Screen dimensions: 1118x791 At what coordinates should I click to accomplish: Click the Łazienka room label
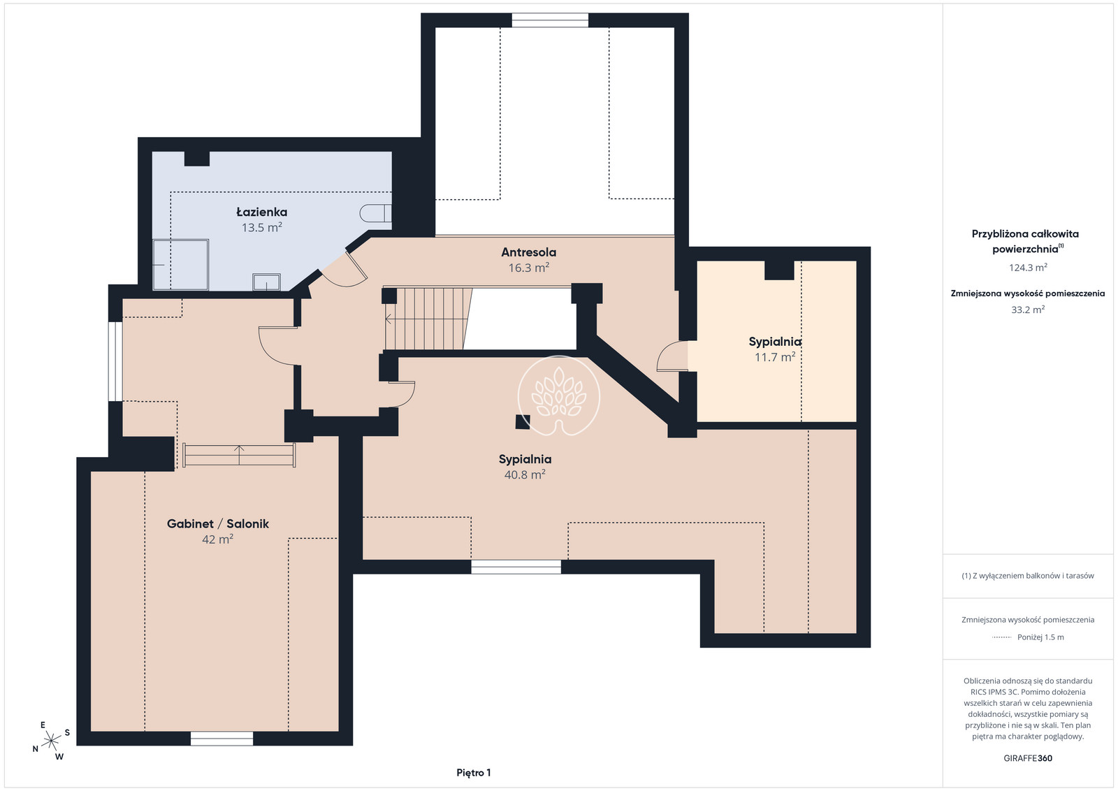pyautogui.click(x=261, y=212)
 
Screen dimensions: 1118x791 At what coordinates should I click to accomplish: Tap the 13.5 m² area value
pyautogui.click(x=261, y=227)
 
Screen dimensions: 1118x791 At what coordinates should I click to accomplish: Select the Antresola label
pyautogui.click(x=528, y=252)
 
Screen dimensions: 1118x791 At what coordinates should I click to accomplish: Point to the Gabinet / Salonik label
pyautogui.click(x=217, y=523)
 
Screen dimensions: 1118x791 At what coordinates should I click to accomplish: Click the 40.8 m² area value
pyautogui.click(x=525, y=474)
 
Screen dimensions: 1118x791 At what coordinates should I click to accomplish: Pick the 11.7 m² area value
pyautogui.click(x=775, y=357)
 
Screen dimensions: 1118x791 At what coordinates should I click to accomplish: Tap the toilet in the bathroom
pyautogui.click(x=376, y=213)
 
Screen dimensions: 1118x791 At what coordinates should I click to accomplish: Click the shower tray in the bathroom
pyautogui.click(x=181, y=265)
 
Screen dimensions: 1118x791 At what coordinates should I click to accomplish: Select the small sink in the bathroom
pyautogui.click(x=266, y=282)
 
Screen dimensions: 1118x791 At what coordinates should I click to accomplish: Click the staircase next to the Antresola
pyautogui.click(x=428, y=319)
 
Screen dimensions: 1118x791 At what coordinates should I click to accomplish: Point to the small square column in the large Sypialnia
pyautogui.click(x=523, y=421)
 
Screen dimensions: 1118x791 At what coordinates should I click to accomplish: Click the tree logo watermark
pyautogui.click(x=558, y=395)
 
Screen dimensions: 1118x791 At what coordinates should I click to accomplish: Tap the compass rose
pyautogui.click(x=52, y=741)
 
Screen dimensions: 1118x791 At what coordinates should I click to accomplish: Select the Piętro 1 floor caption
pyautogui.click(x=474, y=773)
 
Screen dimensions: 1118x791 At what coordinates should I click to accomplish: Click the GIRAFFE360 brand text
pyautogui.click(x=1028, y=758)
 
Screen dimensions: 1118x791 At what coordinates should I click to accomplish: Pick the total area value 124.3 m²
pyautogui.click(x=1028, y=268)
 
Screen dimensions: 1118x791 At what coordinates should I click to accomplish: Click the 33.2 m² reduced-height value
pyautogui.click(x=1028, y=310)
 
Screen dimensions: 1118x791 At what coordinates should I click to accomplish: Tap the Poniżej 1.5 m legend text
pyautogui.click(x=1040, y=637)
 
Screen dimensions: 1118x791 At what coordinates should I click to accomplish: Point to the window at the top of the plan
pyautogui.click(x=550, y=20)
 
